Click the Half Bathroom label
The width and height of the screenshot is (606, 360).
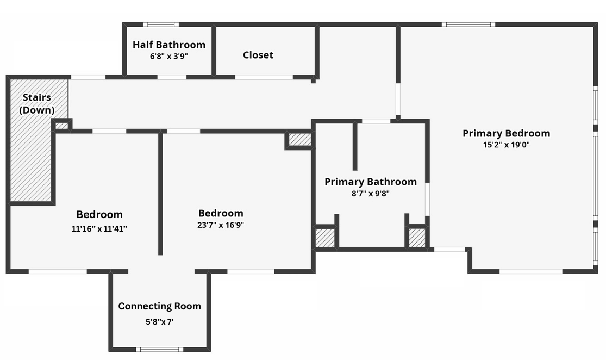(169, 45)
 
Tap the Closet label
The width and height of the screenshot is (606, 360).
(258, 55)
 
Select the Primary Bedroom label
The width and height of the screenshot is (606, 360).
(507, 133)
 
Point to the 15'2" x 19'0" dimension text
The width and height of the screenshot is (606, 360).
(507, 145)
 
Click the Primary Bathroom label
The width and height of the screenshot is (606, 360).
(371, 182)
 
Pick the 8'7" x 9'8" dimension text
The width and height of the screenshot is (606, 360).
(371, 194)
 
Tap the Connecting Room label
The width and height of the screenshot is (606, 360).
(160, 306)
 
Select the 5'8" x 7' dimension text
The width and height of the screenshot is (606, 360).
(160, 322)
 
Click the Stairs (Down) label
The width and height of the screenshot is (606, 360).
(37, 104)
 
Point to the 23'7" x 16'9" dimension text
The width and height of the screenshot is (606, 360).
(221, 225)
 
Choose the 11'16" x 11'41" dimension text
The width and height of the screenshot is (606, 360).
(99, 229)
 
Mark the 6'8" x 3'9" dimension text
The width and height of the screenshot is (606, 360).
(169, 57)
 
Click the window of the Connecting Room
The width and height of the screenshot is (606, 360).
(160, 350)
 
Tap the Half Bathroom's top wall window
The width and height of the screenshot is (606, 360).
(161, 24)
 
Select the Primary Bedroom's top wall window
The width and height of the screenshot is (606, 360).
(468, 24)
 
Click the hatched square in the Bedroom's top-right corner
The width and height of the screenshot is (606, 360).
(300, 140)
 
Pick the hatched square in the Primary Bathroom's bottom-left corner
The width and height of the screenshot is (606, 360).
(325, 238)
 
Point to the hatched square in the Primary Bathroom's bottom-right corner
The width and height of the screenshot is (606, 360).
(417, 238)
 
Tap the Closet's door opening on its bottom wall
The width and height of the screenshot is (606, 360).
(264, 77)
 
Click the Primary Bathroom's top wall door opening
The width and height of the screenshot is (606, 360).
(376, 121)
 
